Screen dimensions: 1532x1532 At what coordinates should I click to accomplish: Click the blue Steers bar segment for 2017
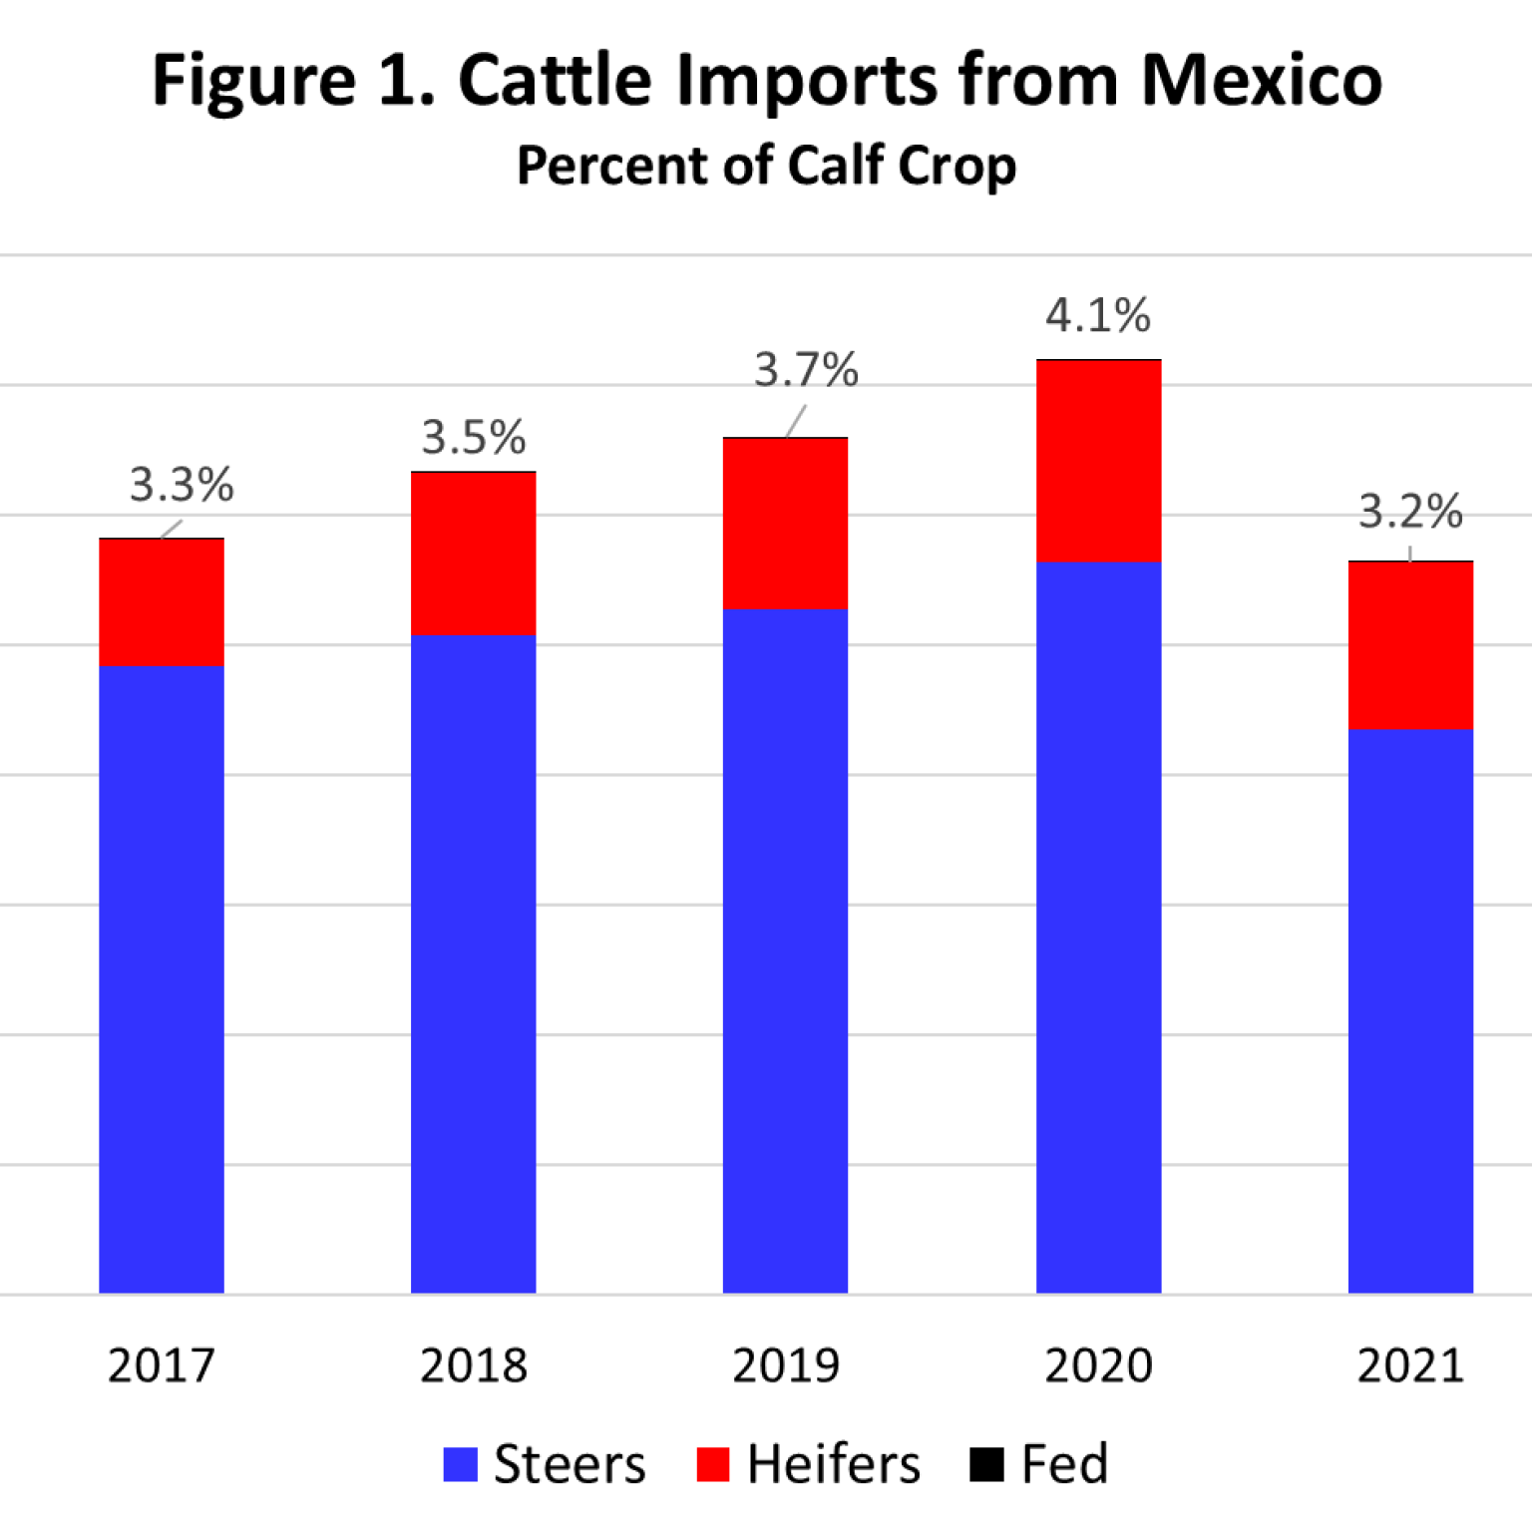pyautogui.click(x=162, y=977)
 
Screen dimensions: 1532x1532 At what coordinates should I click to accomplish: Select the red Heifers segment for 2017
pyautogui.click(x=162, y=601)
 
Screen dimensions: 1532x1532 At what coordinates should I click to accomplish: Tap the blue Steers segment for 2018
pyautogui.click(x=474, y=963)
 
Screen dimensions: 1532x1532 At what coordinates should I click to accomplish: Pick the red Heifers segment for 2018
pyautogui.click(x=474, y=554)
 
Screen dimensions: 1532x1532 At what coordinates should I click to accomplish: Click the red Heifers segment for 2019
pyautogui.click(x=786, y=524)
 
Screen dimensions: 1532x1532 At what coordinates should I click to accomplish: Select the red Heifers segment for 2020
pyautogui.click(x=1099, y=461)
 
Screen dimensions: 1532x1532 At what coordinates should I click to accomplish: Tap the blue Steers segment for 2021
pyautogui.click(x=1410, y=1010)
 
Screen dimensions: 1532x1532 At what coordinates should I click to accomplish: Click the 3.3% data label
pyautogui.click(x=182, y=486)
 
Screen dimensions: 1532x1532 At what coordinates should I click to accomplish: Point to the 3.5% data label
pyautogui.click(x=474, y=438)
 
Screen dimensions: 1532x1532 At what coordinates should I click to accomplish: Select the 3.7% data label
pyautogui.click(x=806, y=370)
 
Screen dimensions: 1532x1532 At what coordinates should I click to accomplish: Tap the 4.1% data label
pyautogui.click(x=1098, y=316)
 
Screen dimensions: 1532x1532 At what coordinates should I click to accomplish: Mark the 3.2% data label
pyautogui.click(x=1410, y=512)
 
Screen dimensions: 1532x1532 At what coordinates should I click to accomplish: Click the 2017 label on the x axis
pyautogui.click(x=162, y=1365)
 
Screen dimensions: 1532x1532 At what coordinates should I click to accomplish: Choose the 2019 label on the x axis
pyautogui.click(x=786, y=1365)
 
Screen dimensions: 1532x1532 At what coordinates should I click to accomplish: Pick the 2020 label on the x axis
pyautogui.click(x=1098, y=1365)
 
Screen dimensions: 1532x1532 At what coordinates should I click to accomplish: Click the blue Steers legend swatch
pyautogui.click(x=461, y=1464)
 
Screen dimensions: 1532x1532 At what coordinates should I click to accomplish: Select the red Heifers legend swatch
pyautogui.click(x=713, y=1464)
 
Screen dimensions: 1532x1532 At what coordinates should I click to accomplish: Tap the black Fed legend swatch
pyautogui.click(x=986, y=1464)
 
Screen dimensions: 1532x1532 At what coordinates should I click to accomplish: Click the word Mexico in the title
pyautogui.click(x=1261, y=80)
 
